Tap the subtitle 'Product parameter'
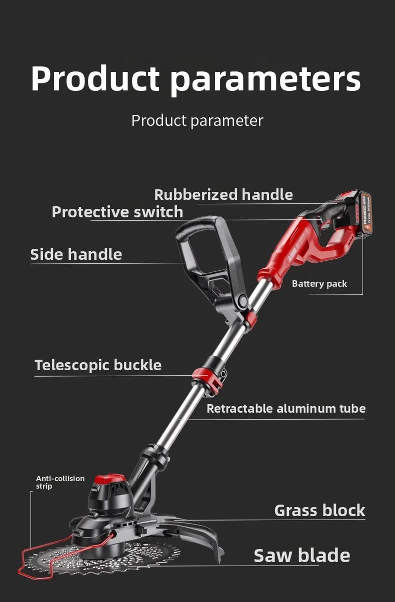pyautogui.click(x=197, y=120)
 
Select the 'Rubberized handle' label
pyautogui.click(x=223, y=194)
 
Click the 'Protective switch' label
pyautogui.click(x=117, y=212)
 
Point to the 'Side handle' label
pyautogui.click(x=76, y=254)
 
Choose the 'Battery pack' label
pyautogui.click(x=319, y=284)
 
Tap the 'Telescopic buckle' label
pyautogui.click(x=98, y=365)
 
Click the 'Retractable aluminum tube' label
pyautogui.click(x=286, y=409)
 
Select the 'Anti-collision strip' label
pyautogui.click(x=60, y=482)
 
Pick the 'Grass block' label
pyautogui.click(x=319, y=511)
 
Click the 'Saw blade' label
pyautogui.click(x=301, y=556)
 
